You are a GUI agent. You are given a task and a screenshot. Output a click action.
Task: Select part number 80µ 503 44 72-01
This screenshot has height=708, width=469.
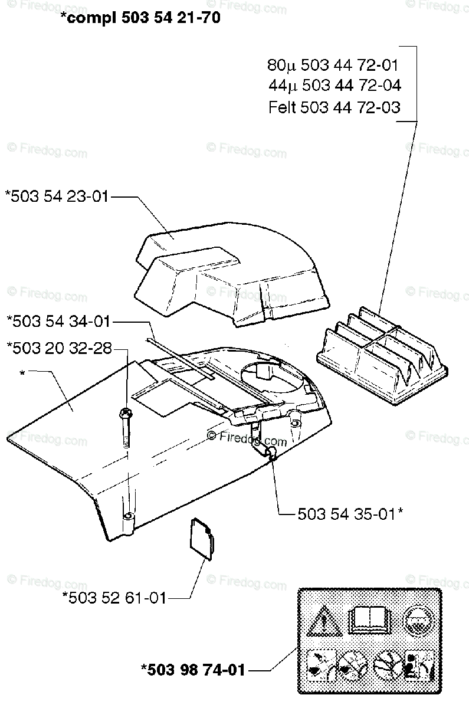[333, 65]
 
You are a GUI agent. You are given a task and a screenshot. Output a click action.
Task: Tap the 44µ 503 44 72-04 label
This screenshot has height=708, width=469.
[334, 86]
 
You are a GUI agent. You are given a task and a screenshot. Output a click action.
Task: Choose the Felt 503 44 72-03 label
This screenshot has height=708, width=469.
[334, 107]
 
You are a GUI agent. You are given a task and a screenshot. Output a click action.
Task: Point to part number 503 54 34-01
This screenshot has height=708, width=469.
[58, 322]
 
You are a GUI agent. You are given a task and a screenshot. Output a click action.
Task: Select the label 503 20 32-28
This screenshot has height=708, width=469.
[58, 348]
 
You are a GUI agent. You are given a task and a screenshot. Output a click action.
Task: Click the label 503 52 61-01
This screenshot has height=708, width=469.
[114, 598]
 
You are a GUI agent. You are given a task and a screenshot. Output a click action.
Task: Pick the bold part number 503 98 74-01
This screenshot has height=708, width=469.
[193, 670]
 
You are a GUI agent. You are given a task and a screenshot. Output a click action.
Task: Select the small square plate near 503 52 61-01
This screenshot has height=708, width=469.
[201, 537]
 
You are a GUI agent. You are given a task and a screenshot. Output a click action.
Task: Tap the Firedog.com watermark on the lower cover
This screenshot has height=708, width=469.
[248, 438]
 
